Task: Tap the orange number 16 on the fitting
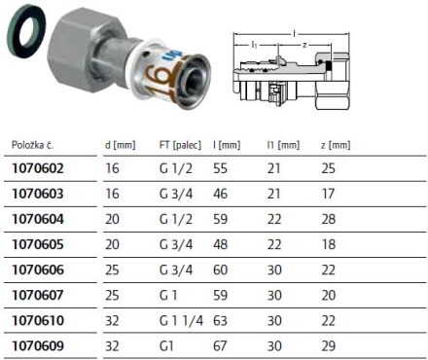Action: tap(162, 77)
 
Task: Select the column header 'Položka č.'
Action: tap(33, 145)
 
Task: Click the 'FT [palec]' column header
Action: tap(180, 145)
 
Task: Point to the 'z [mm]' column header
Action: tap(336, 145)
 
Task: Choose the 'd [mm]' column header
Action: tap(120, 145)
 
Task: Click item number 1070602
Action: tap(38, 168)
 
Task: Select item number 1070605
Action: tap(38, 244)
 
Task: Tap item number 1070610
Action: tap(38, 320)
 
